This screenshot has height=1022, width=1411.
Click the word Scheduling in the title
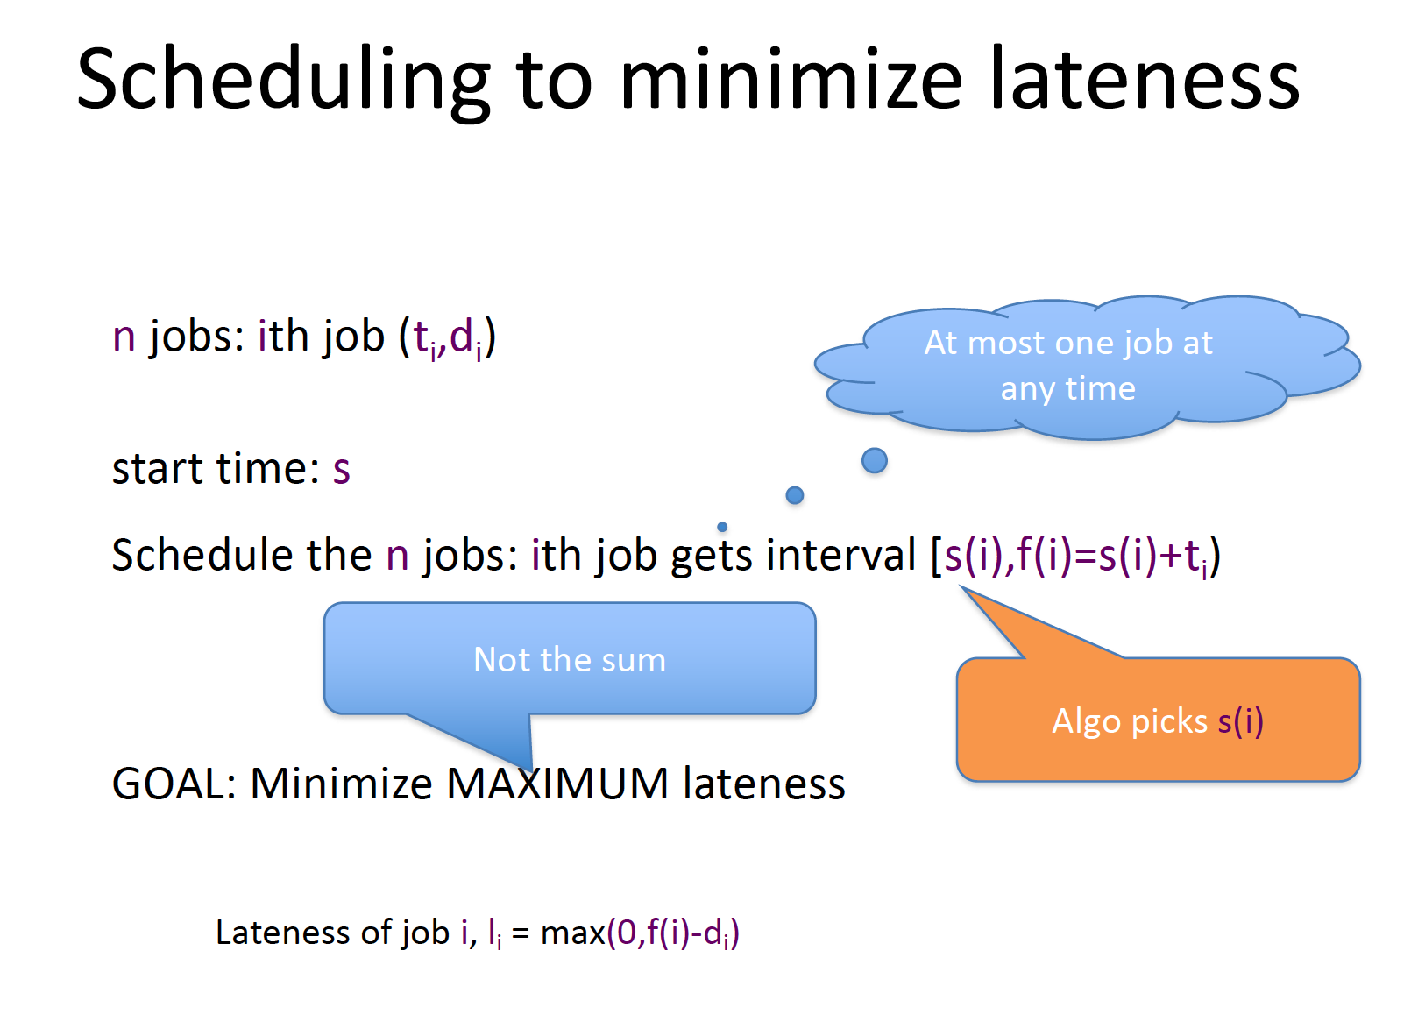(x=283, y=81)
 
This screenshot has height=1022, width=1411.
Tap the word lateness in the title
(x=1145, y=78)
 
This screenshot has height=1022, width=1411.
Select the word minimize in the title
(x=791, y=78)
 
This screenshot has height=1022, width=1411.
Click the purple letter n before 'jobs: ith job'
(x=124, y=337)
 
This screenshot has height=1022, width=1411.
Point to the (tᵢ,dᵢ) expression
(x=448, y=339)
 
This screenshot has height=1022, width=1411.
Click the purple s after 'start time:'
(x=341, y=471)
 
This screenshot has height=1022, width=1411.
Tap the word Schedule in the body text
(x=202, y=556)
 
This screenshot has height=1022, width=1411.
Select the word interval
(x=841, y=556)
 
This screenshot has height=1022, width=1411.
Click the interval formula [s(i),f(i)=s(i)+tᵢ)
(x=1076, y=557)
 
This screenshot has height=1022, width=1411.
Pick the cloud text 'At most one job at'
(x=1068, y=344)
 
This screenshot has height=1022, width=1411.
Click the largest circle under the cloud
(x=875, y=460)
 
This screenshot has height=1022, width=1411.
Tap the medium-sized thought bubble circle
(x=795, y=495)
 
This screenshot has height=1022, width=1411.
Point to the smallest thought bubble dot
(x=722, y=527)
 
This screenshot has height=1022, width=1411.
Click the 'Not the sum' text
(x=570, y=660)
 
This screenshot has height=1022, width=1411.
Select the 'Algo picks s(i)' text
(x=1158, y=721)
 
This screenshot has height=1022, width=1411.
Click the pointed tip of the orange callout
(x=961, y=586)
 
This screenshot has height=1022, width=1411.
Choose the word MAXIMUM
(x=557, y=784)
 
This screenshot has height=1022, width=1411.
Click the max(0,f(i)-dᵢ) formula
(x=640, y=933)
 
